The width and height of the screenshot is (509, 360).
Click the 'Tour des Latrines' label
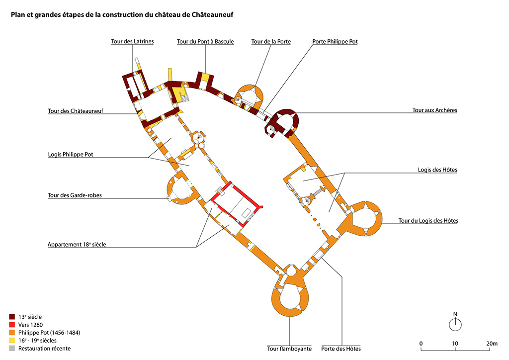(132, 42)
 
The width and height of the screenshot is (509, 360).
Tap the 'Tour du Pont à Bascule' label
(205, 42)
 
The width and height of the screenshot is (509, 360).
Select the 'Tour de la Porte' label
(271, 42)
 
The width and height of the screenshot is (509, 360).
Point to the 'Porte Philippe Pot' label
(335, 42)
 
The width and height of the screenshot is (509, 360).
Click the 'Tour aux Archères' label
(434, 110)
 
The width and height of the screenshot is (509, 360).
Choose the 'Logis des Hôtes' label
(437, 170)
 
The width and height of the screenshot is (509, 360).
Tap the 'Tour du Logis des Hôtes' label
(428, 221)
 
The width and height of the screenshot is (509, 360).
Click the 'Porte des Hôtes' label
(341, 349)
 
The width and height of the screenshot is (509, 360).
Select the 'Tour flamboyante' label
(289, 349)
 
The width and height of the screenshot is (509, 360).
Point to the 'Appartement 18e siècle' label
(77, 245)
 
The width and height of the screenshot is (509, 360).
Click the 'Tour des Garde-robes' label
(75, 195)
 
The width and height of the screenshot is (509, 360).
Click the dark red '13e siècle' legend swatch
(12, 317)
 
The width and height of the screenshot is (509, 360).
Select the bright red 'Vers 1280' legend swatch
(12, 325)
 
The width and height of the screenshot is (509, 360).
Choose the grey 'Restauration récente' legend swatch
(12, 349)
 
